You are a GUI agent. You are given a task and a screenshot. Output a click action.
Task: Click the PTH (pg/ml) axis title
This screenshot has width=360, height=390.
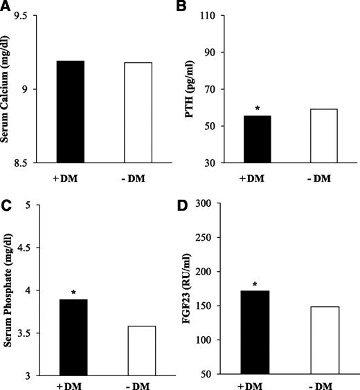click(187, 89)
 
